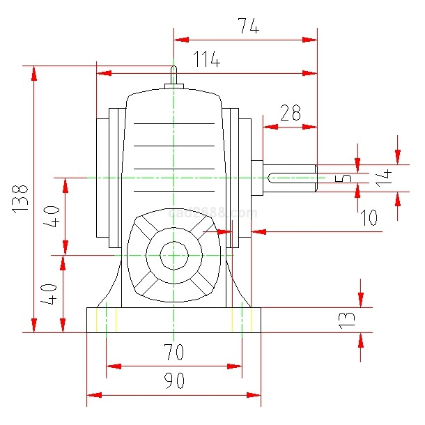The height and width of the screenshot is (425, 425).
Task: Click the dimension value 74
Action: click(x=248, y=26)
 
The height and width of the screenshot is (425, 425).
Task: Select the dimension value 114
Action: click(x=206, y=61)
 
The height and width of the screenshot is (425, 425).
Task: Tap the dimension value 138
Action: click(x=20, y=198)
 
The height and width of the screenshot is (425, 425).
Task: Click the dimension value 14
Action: click(x=382, y=176)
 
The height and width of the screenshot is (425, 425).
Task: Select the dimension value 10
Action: click(x=369, y=218)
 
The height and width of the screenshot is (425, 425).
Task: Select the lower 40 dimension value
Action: click(x=49, y=293)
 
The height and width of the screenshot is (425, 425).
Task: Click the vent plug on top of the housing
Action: click(x=173, y=77)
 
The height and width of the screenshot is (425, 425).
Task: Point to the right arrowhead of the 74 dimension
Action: click(x=310, y=40)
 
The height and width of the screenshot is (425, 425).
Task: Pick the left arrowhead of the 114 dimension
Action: click(x=103, y=72)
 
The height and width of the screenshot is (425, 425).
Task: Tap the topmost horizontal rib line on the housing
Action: click(x=173, y=124)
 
